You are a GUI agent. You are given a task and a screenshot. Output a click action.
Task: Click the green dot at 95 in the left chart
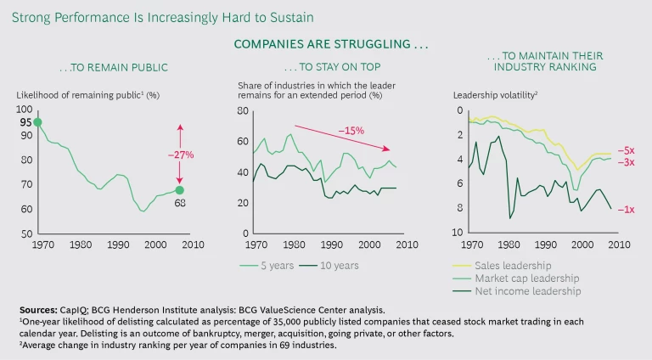tap(37, 122)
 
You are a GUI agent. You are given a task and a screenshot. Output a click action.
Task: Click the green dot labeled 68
tap(179, 190)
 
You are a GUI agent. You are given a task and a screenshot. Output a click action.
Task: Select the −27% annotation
tap(180, 155)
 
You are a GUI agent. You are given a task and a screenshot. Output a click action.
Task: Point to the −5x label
tap(626, 149)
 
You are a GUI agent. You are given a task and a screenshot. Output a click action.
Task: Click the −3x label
tap(626, 161)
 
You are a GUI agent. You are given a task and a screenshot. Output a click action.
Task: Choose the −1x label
tap(626, 209)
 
